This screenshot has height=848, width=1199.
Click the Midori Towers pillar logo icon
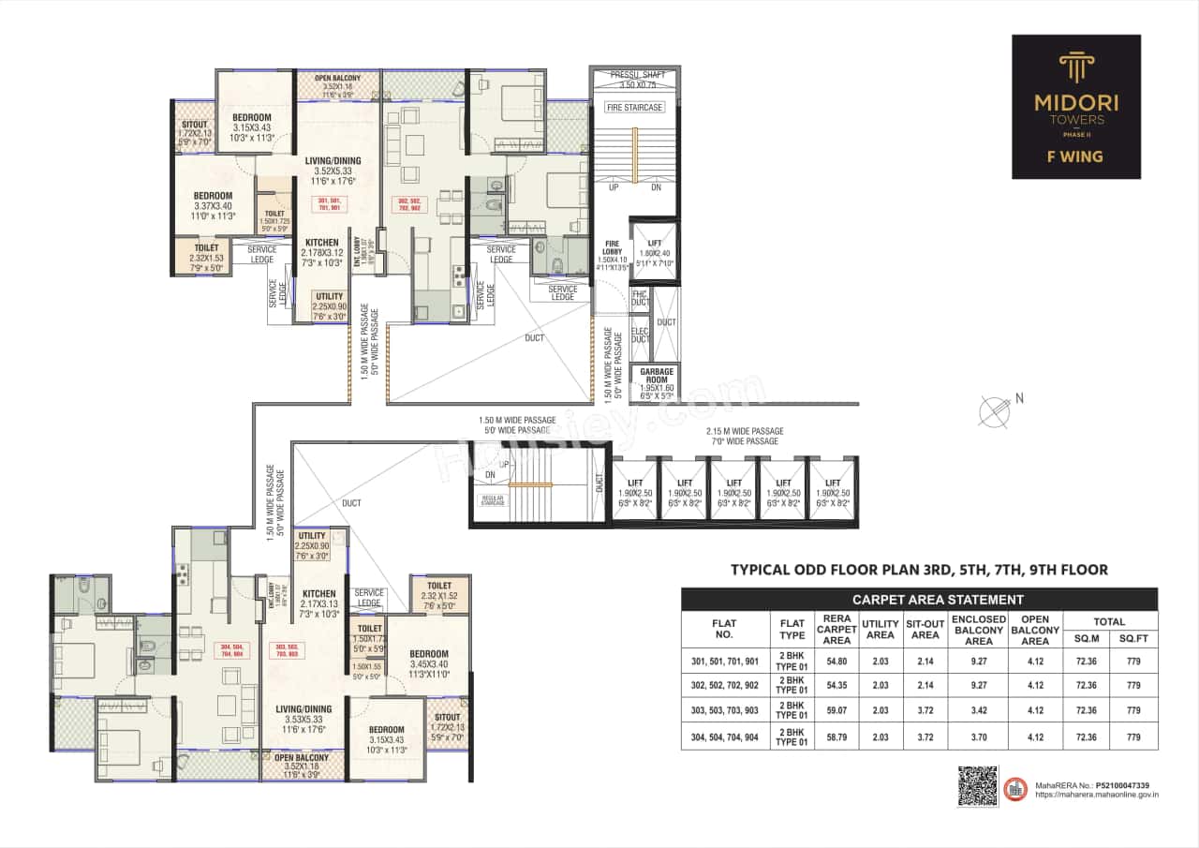click(x=1075, y=68)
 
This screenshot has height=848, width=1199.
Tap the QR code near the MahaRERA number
click(x=976, y=785)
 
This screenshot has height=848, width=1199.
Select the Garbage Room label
click(x=656, y=376)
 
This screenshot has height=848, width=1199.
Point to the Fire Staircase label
click(x=635, y=108)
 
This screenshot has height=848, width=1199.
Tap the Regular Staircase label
click(x=488, y=498)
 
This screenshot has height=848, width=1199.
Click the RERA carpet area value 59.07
click(x=836, y=710)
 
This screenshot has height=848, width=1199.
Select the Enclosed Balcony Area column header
click(x=978, y=630)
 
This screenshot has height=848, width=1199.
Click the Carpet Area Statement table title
click(x=919, y=600)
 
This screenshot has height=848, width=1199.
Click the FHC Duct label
click(x=641, y=299)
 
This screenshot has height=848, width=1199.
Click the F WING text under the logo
click(x=1075, y=156)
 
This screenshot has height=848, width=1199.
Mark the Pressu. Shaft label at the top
click(x=635, y=79)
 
